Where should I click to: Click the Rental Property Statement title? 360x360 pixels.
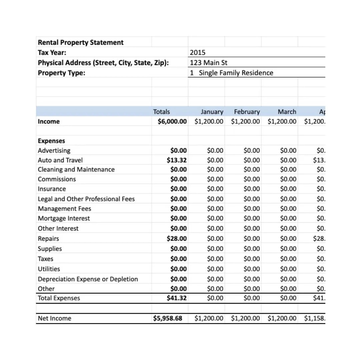point(80,43)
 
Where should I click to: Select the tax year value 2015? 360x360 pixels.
point(198,53)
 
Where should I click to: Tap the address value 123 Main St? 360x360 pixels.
point(209,63)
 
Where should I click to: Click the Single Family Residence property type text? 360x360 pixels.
point(236,73)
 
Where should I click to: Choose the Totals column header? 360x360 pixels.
point(161,112)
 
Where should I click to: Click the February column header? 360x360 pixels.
point(247,112)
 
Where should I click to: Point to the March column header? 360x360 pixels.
point(287,112)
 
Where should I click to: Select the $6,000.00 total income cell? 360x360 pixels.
point(172,121)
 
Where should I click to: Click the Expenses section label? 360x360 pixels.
point(51,141)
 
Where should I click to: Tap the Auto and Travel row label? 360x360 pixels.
point(60,160)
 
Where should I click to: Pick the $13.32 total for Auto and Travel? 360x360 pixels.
point(177,160)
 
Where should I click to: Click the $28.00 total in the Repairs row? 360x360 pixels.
point(177,238)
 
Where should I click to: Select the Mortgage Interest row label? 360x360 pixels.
point(64,218)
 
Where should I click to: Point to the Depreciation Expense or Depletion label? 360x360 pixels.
point(88,279)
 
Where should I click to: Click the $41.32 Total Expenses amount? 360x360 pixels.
point(177,298)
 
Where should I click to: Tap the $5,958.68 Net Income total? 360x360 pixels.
point(168,318)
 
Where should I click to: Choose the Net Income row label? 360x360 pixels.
point(54,318)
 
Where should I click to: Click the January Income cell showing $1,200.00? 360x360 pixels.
point(209,121)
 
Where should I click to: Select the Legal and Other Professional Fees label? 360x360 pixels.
point(86,199)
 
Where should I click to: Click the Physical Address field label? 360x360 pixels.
point(103,63)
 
